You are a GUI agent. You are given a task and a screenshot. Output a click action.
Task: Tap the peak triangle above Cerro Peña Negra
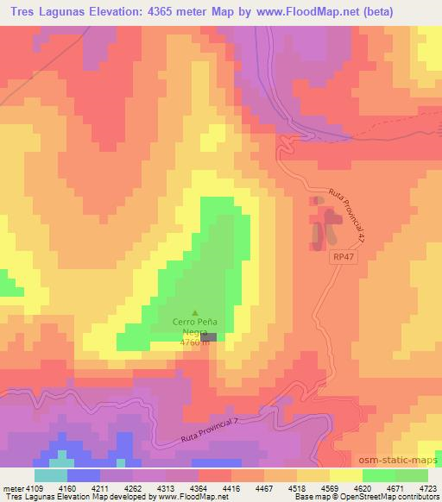(x=194, y=312)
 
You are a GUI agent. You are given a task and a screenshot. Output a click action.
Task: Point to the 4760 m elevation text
(x=193, y=342)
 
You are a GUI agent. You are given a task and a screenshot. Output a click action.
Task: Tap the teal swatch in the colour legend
(x=51, y=475)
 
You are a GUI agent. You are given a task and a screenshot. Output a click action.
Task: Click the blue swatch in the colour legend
(x=83, y=475)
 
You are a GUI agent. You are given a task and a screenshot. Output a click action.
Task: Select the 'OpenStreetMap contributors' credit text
(x=389, y=497)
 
